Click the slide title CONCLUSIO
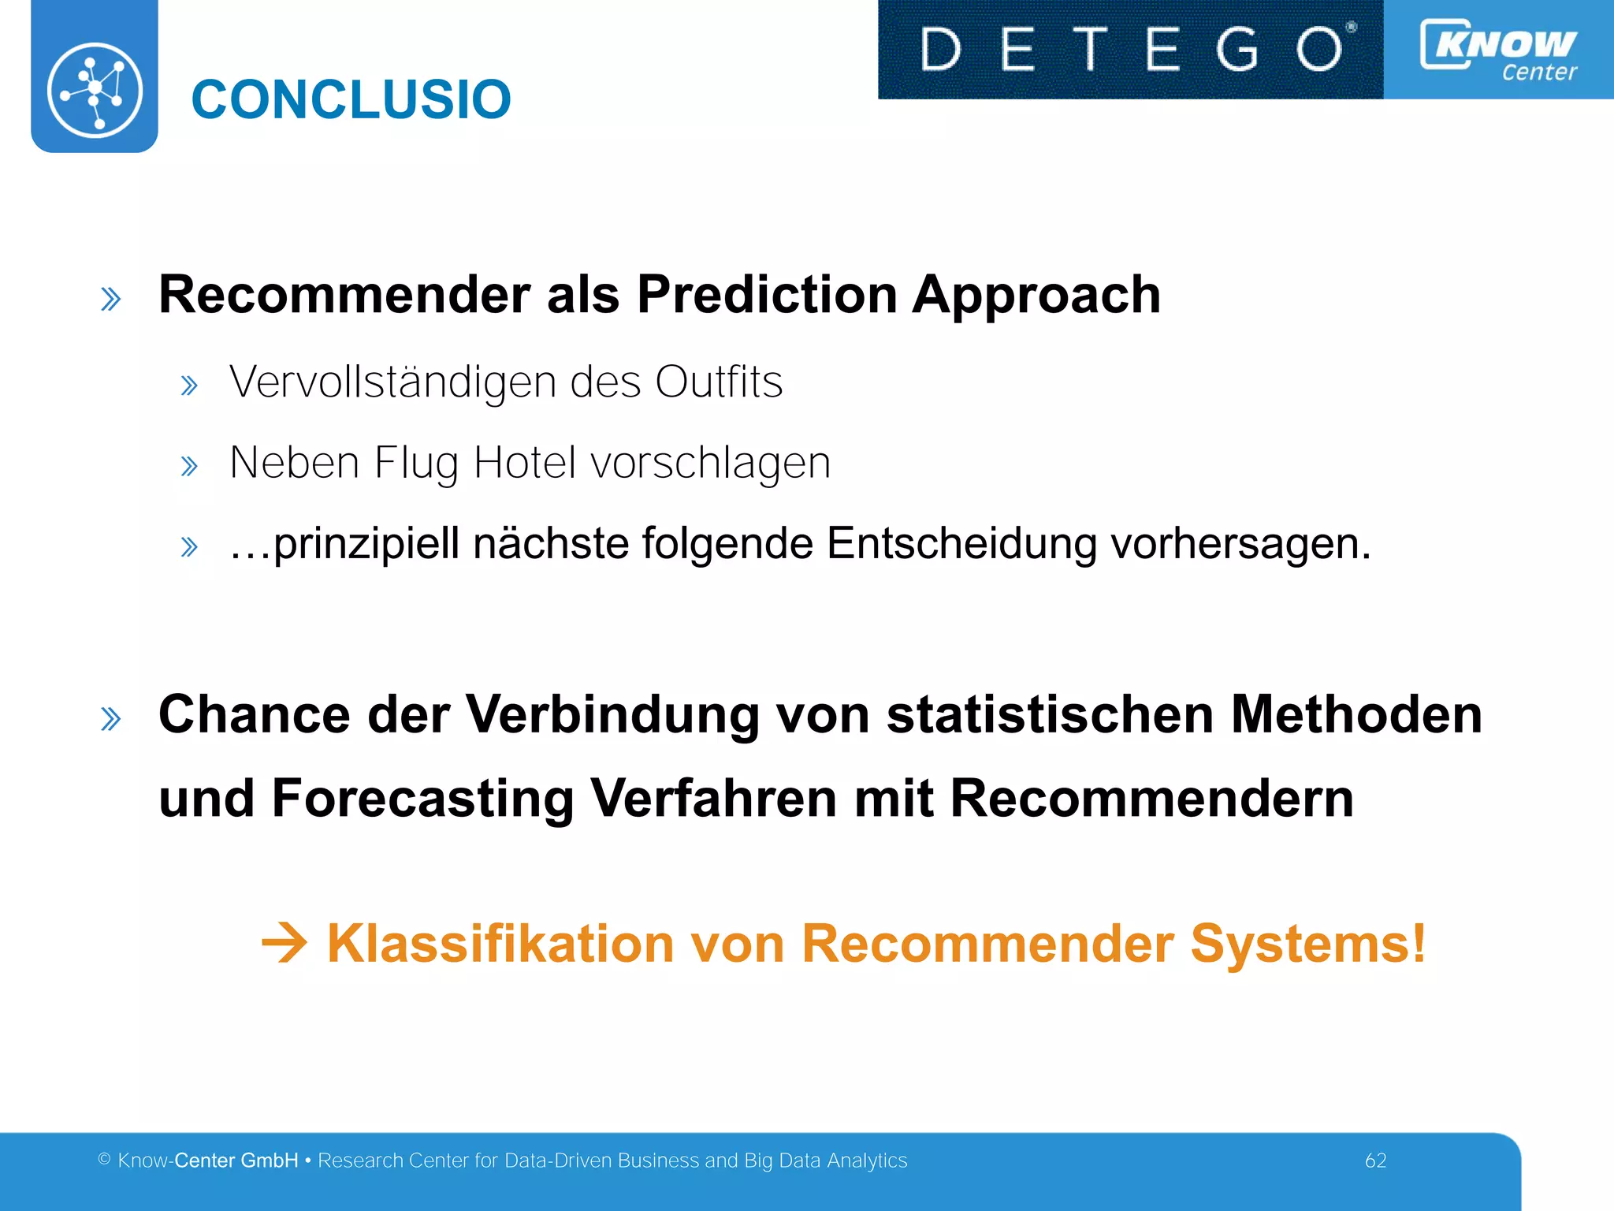coord(351,100)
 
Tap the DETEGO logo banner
coord(1130,49)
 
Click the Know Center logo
coord(1498,49)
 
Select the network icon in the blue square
coord(95,89)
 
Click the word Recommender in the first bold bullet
coord(344,295)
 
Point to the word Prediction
coord(767,295)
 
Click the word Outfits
coord(719,382)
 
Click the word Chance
coord(254,714)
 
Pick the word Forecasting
coord(422,798)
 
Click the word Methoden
coord(1356,714)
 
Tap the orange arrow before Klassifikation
coord(284,943)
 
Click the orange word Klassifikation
coord(500,943)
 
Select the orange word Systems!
coord(1307,943)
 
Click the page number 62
coord(1375,1161)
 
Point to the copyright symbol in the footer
coord(104,1160)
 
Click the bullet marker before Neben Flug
coord(188,466)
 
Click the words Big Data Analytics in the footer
coord(825,1161)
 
